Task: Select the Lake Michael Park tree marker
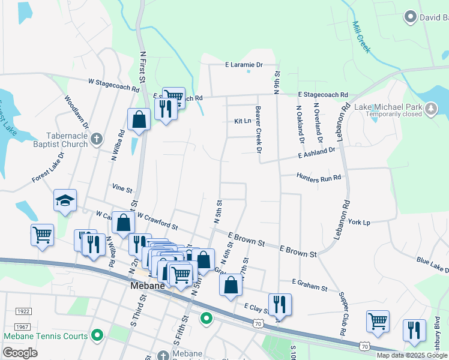point(430,109)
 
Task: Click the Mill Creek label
point(361,37)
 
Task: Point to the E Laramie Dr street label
point(244,65)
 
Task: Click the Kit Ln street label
point(242,121)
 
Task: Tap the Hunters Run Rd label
point(319,177)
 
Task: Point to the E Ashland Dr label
point(317,154)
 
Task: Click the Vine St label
point(122,188)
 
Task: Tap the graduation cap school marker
point(65,200)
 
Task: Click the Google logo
point(20,353)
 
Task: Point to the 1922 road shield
point(24,311)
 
